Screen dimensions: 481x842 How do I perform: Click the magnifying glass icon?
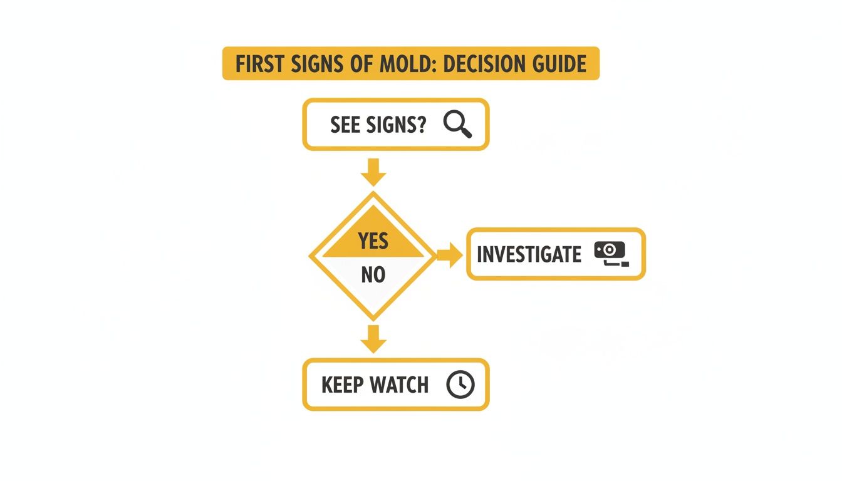click(x=457, y=124)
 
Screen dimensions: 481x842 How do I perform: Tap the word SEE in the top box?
click(x=345, y=125)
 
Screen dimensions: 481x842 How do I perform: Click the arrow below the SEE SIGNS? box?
click(x=374, y=172)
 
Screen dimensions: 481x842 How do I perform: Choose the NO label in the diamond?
click(x=373, y=274)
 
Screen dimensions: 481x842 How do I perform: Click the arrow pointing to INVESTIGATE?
click(x=449, y=254)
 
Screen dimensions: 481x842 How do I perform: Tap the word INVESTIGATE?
click(x=529, y=254)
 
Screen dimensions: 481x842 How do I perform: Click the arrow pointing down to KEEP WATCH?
click(x=374, y=339)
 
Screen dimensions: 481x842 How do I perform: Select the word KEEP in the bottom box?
click(x=342, y=385)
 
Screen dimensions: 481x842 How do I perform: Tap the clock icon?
click(x=460, y=385)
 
